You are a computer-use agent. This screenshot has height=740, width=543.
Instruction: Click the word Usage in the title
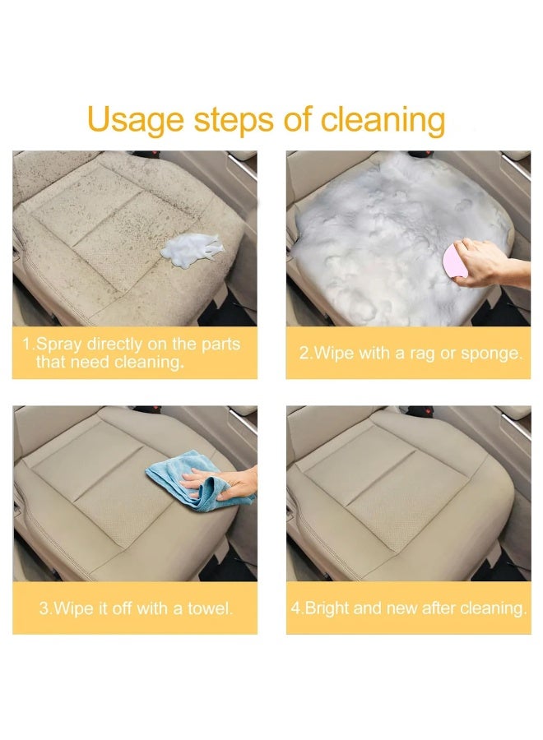[136, 120]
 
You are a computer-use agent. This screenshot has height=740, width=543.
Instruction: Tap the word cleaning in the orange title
[383, 120]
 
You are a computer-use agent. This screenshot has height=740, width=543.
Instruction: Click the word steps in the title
[234, 120]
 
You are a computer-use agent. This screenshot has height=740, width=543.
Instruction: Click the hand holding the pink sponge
[491, 263]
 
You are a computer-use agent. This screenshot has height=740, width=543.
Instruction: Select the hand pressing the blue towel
[222, 483]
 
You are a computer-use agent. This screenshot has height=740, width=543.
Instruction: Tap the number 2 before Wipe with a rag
[303, 354]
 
